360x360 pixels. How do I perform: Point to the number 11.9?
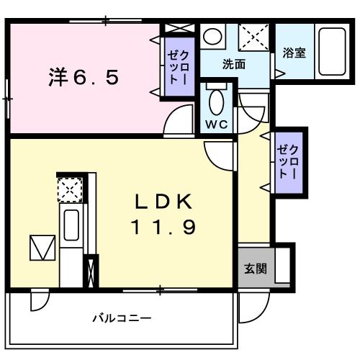pyautogui.click(x=161, y=228)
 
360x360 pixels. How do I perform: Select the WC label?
pyautogui.click(x=216, y=124)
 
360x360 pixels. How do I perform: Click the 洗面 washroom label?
pyautogui.click(x=233, y=64)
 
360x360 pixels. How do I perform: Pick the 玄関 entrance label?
pyautogui.click(x=255, y=269)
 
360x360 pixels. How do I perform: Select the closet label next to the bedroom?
pyautogui.click(x=177, y=67)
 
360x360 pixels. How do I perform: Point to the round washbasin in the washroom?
pyautogui.click(x=212, y=35)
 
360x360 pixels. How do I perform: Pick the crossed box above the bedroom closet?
pyautogui.click(x=177, y=29)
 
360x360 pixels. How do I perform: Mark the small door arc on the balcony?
pyautogui.click(x=42, y=302)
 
